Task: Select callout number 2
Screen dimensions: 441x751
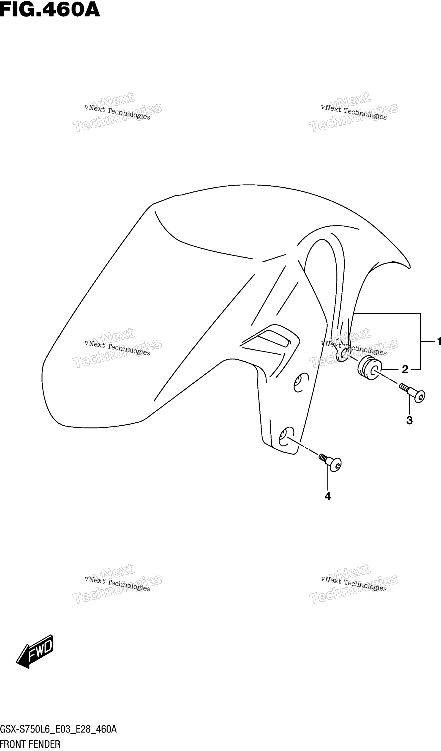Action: (405, 369)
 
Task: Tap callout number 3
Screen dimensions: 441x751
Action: (409, 420)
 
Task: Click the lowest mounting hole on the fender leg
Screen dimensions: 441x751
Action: (286, 437)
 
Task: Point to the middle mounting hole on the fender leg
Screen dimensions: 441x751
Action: (301, 382)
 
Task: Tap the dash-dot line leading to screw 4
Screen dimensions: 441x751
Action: (303, 445)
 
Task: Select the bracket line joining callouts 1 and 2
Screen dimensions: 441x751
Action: (420, 341)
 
